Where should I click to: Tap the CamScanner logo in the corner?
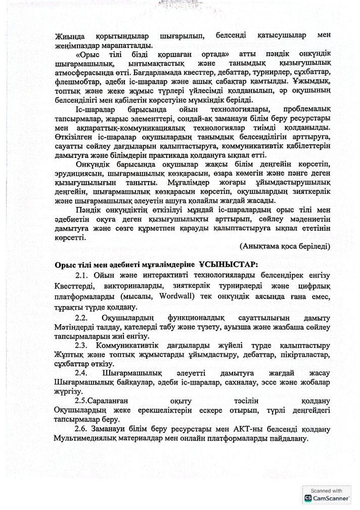tap(307, 498)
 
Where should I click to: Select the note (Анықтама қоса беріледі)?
tap(285, 246)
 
